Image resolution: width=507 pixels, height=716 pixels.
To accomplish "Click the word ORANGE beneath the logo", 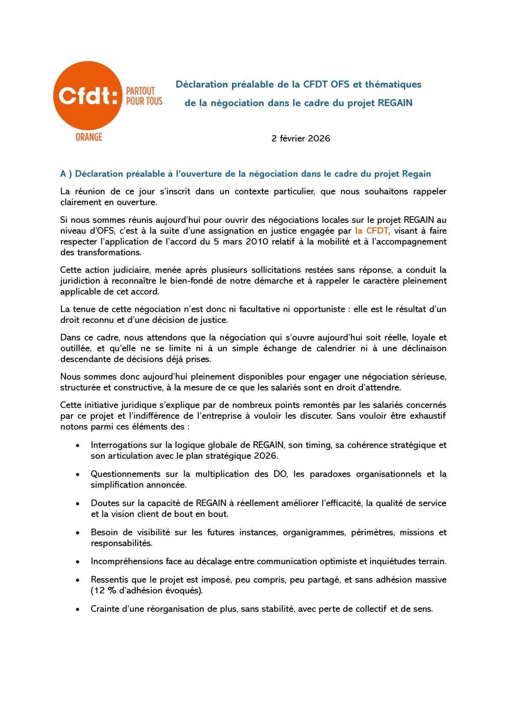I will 89,137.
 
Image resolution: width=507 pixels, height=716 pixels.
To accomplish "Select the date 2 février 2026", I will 300,138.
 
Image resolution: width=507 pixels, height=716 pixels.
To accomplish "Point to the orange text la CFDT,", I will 372,231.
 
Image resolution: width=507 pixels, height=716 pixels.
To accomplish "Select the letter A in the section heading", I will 63,174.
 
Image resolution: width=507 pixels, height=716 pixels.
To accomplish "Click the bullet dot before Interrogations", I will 77,446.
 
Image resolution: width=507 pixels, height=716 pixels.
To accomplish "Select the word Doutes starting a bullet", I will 104,503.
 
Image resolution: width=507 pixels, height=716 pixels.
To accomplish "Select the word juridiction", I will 81,281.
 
